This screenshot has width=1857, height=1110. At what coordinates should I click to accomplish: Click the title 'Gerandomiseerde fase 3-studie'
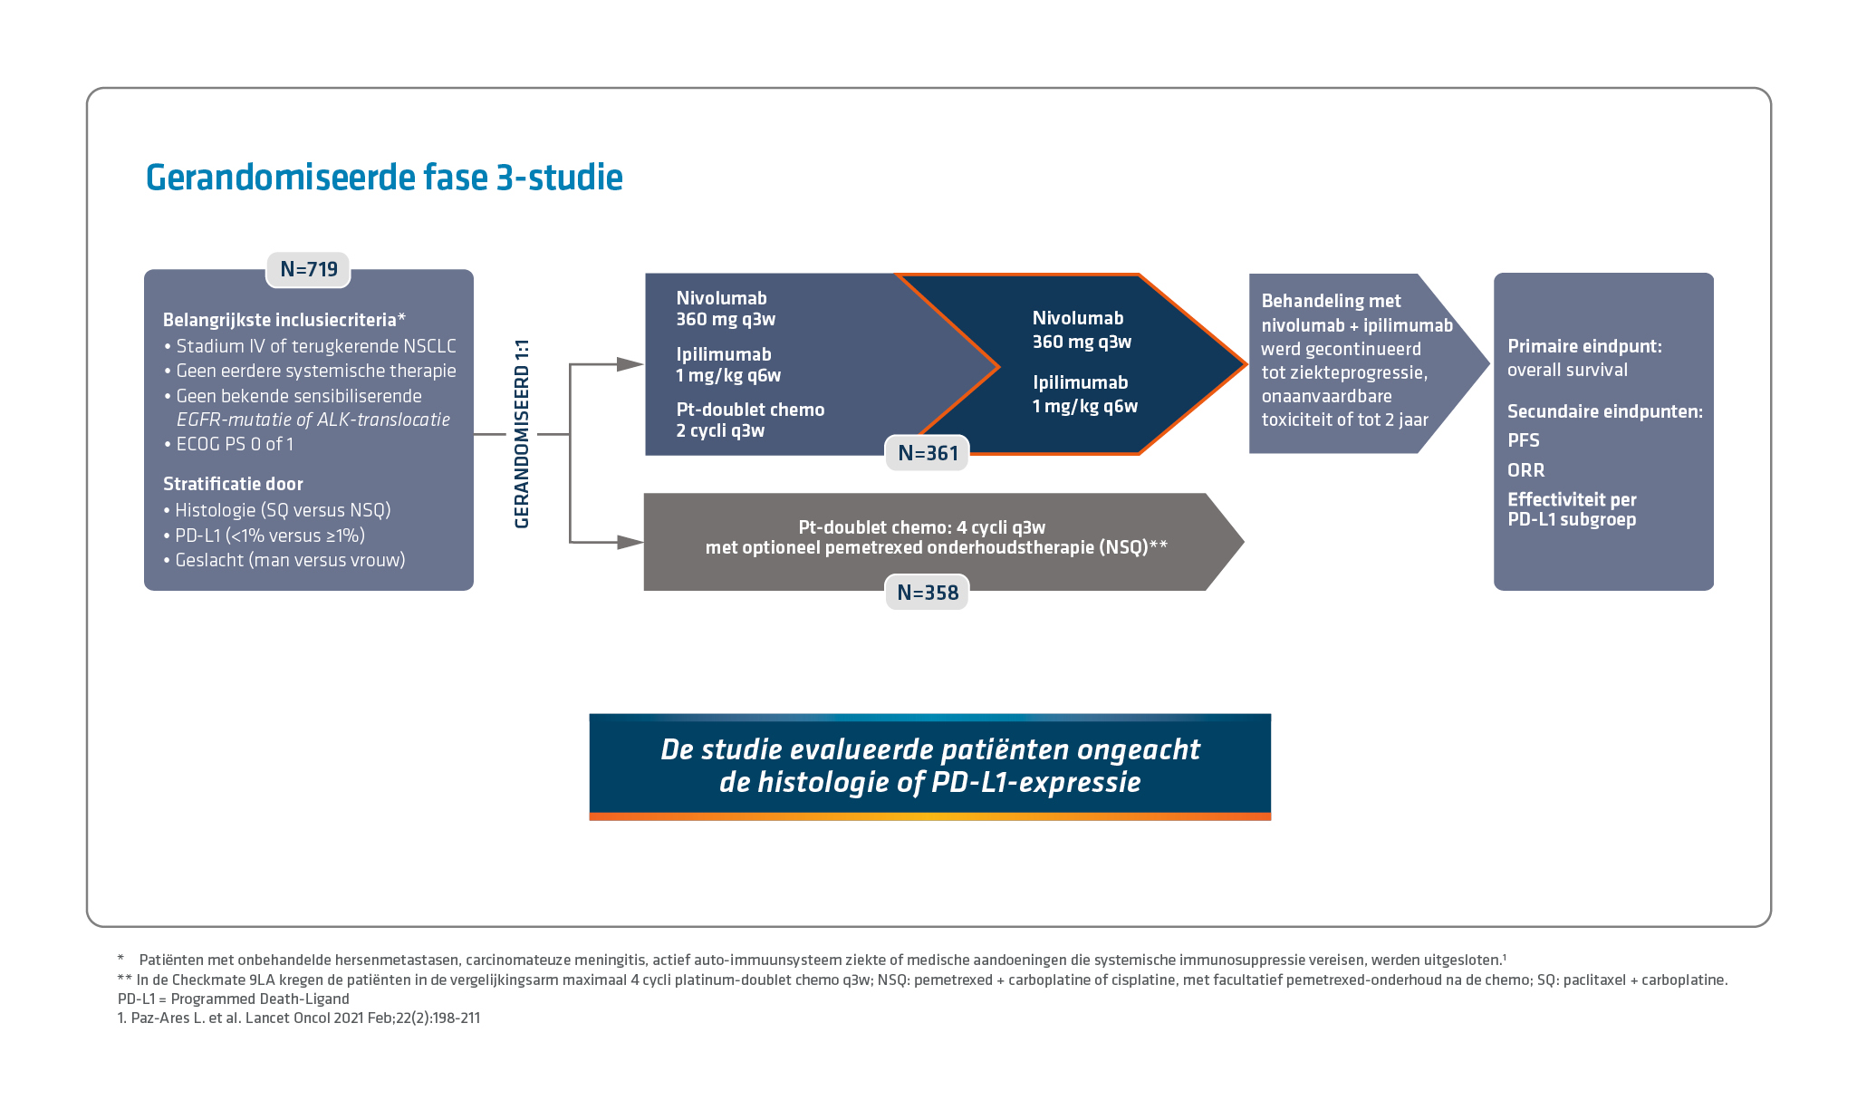pos(384,178)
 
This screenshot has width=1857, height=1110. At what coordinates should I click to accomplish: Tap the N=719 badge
pos(308,269)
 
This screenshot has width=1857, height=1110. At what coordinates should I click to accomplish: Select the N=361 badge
pos(928,453)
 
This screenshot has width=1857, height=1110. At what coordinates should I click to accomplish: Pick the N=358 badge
pos(927,593)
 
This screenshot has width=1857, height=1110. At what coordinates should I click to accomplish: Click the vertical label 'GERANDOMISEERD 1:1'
pos(522,434)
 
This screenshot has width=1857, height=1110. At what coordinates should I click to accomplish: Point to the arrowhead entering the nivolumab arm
pos(630,364)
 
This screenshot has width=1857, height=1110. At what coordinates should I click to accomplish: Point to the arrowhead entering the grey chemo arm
pos(630,542)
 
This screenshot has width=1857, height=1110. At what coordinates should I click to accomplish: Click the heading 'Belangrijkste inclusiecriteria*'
pos(284,320)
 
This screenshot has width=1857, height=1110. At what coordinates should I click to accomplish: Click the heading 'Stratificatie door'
pos(233,484)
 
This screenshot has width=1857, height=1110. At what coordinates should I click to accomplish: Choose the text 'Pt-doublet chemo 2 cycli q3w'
pos(750,420)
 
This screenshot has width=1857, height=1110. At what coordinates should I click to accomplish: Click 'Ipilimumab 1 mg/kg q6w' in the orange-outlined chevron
pos(1084,394)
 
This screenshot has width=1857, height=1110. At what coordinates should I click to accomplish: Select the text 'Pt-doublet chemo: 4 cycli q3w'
pos(921,527)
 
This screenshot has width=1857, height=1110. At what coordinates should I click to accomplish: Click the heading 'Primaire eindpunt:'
pos(1583,346)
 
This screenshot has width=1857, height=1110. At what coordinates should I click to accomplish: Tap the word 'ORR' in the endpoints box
pos(1525,470)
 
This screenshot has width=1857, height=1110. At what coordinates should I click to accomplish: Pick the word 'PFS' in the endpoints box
pos(1523,440)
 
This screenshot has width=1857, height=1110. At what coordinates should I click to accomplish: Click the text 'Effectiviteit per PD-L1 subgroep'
pos(1572,509)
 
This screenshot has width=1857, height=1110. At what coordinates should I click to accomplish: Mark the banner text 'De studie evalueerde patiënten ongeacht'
pos(929,750)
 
